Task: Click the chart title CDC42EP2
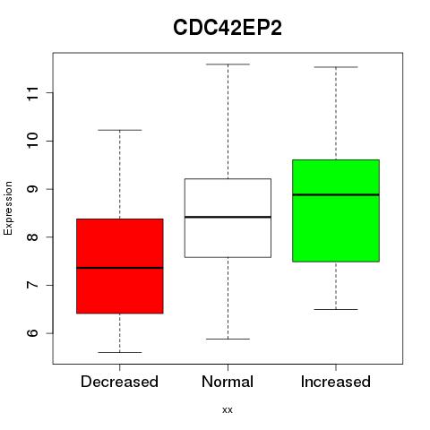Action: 228,28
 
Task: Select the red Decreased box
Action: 120,266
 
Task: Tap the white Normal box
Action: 228,218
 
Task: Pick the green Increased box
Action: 336,211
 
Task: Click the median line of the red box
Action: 120,268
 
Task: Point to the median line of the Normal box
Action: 228,217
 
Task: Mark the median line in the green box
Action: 336,194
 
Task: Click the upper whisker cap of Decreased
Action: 120,130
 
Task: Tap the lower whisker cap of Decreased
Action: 120,352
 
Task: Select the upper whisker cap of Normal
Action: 228,64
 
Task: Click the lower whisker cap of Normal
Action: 228,339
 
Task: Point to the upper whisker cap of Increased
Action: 336,67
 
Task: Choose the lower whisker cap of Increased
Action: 336,309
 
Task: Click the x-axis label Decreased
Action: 119,382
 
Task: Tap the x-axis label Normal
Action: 228,382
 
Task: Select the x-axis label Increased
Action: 336,382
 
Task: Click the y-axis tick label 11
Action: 33,93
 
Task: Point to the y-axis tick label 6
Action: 33,333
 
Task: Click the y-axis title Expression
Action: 8,209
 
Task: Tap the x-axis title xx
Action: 228,410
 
